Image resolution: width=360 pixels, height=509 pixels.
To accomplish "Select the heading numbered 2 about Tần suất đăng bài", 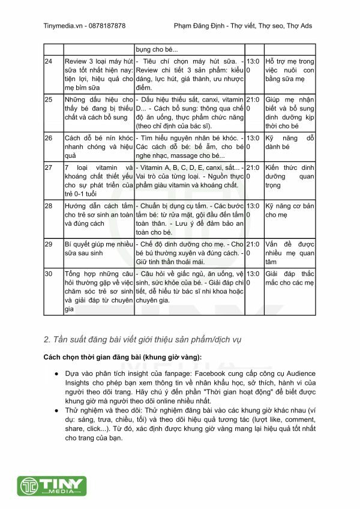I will (142, 340).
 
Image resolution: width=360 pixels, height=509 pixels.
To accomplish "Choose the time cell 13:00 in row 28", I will (253, 209).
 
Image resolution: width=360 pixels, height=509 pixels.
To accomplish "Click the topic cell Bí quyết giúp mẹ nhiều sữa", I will (98, 248).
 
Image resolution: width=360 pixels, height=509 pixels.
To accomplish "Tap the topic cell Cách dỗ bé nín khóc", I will (98, 142).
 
